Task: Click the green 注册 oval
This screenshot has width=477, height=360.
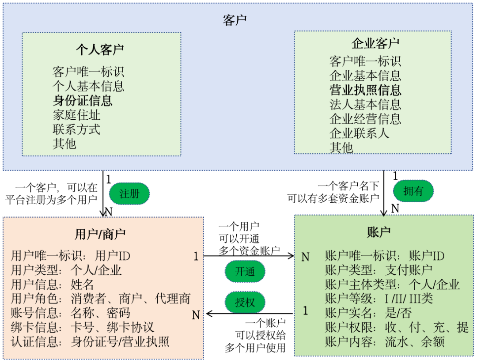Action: tap(129, 193)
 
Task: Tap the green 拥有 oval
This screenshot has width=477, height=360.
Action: tap(413, 190)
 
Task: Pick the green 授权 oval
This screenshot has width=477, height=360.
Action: tap(245, 303)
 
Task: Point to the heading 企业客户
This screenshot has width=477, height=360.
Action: tap(375, 43)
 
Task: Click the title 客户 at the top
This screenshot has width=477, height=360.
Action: tap(235, 20)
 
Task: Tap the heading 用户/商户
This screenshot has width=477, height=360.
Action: tap(100, 234)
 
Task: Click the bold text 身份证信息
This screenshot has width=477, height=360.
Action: tap(83, 100)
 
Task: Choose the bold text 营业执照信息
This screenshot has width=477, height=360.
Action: tap(365, 90)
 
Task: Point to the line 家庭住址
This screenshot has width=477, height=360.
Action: tap(76, 115)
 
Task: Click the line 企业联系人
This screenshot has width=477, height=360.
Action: tap(360, 133)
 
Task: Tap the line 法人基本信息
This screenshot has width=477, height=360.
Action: tap(365, 104)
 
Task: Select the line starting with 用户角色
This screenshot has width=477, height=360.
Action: tap(100, 299)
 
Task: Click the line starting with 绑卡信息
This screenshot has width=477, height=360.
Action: tap(82, 327)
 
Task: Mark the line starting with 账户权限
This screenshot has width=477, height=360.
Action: tap(396, 327)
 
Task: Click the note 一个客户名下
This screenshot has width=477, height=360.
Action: tap(348, 186)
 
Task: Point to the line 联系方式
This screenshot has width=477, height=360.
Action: tap(76, 129)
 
